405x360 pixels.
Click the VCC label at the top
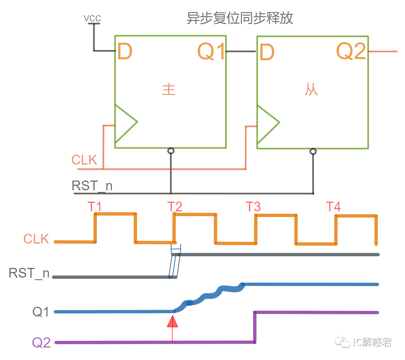tap(92, 18)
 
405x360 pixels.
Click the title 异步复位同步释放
tap(240, 18)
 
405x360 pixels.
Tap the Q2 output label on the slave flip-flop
tap(351, 51)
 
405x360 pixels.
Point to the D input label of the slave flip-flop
tap(267, 52)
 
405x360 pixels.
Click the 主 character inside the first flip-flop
tap(169, 90)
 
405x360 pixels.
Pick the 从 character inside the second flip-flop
tap(311, 90)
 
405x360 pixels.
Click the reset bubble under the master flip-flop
tap(171, 151)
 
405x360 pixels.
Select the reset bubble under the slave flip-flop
tap(313, 151)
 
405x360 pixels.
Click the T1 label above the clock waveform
tap(95, 207)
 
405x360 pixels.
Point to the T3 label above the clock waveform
tap(253, 207)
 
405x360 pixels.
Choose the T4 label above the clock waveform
tap(333, 207)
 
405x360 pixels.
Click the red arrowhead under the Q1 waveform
tap(172, 322)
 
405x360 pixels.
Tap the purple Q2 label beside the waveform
tap(41, 343)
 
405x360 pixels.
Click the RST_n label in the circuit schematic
tap(92, 186)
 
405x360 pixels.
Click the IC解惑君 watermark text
tap(372, 342)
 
